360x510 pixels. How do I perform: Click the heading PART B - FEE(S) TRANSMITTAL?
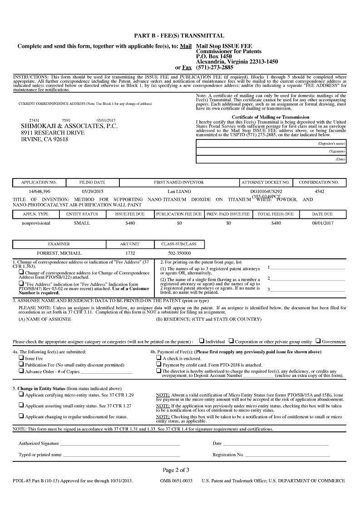(x=179, y=35)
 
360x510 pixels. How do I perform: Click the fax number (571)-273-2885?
(x=214, y=67)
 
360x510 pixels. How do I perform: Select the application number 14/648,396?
(x=39, y=192)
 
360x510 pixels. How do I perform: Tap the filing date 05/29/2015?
(x=93, y=192)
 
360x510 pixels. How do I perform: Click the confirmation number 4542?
(x=319, y=192)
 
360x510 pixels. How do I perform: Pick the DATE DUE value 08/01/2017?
(x=323, y=223)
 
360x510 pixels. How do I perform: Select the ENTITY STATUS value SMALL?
(x=82, y=223)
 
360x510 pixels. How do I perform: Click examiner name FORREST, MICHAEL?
(x=59, y=253)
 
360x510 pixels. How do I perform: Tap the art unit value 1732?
(x=130, y=253)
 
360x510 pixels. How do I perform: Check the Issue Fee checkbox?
(x=21, y=358)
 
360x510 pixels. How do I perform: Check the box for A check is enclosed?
(x=158, y=358)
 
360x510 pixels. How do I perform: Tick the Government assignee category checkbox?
(x=318, y=341)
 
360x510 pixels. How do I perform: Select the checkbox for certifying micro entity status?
(x=21, y=395)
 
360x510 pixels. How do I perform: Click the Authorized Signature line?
(x=120, y=443)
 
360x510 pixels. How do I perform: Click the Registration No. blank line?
(x=287, y=455)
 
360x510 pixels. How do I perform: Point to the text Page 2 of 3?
(x=176, y=470)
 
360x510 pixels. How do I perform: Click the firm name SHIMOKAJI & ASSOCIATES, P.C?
(x=69, y=126)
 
